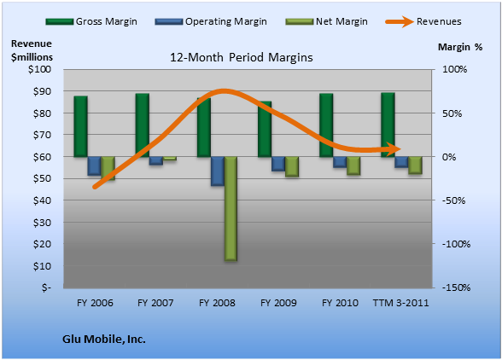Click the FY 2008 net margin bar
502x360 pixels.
point(231,209)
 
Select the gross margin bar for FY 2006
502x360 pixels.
point(80,126)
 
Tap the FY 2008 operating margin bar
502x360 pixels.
point(218,171)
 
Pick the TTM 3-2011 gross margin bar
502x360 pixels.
point(388,125)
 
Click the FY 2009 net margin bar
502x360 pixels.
point(292,166)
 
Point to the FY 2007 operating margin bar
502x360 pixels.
point(156,161)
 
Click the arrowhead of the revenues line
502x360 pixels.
point(394,148)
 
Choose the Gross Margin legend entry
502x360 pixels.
point(91,21)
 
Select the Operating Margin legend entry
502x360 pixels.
point(211,21)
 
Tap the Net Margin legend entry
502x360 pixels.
point(326,21)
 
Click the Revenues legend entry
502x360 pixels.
point(423,21)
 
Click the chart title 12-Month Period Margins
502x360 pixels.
point(241,58)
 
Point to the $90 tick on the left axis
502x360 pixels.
point(42,91)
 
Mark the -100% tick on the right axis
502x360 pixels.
point(456,244)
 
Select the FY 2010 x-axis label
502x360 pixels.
point(340,303)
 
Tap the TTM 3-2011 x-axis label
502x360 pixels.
point(400,303)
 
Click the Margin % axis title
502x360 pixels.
point(460,47)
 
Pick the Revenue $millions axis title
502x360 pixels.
point(32,50)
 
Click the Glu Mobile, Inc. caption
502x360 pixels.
point(104,340)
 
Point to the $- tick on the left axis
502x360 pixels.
point(46,287)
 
